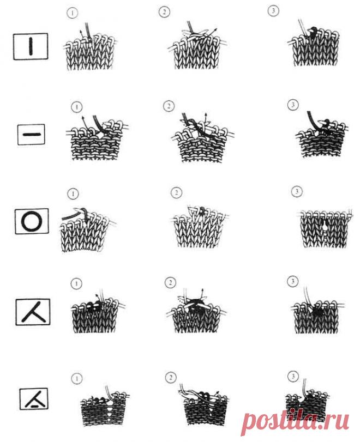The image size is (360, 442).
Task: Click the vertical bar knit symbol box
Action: [31, 46]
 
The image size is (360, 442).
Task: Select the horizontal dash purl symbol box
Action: [31, 135]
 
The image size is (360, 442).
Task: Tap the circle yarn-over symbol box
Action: [32, 221]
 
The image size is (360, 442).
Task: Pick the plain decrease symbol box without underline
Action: [33, 312]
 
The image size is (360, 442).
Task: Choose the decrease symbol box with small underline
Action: [34, 398]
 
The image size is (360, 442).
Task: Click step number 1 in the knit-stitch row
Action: [72, 13]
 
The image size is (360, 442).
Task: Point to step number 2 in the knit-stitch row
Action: [164, 12]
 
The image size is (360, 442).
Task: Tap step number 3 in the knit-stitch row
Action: [273, 11]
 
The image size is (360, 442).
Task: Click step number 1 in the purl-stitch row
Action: [77, 107]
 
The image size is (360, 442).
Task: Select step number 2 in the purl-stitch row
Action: [169, 106]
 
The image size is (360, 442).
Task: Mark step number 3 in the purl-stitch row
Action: [292, 105]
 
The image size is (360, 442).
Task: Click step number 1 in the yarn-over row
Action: [73, 194]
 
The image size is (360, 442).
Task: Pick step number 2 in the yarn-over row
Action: [176, 193]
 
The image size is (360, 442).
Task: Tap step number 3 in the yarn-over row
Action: [297, 192]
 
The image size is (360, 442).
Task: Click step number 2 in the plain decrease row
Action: [170, 282]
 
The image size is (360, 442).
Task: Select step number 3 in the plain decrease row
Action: [292, 281]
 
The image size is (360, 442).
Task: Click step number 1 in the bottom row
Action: [77, 378]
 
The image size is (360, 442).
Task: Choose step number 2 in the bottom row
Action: [170, 378]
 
